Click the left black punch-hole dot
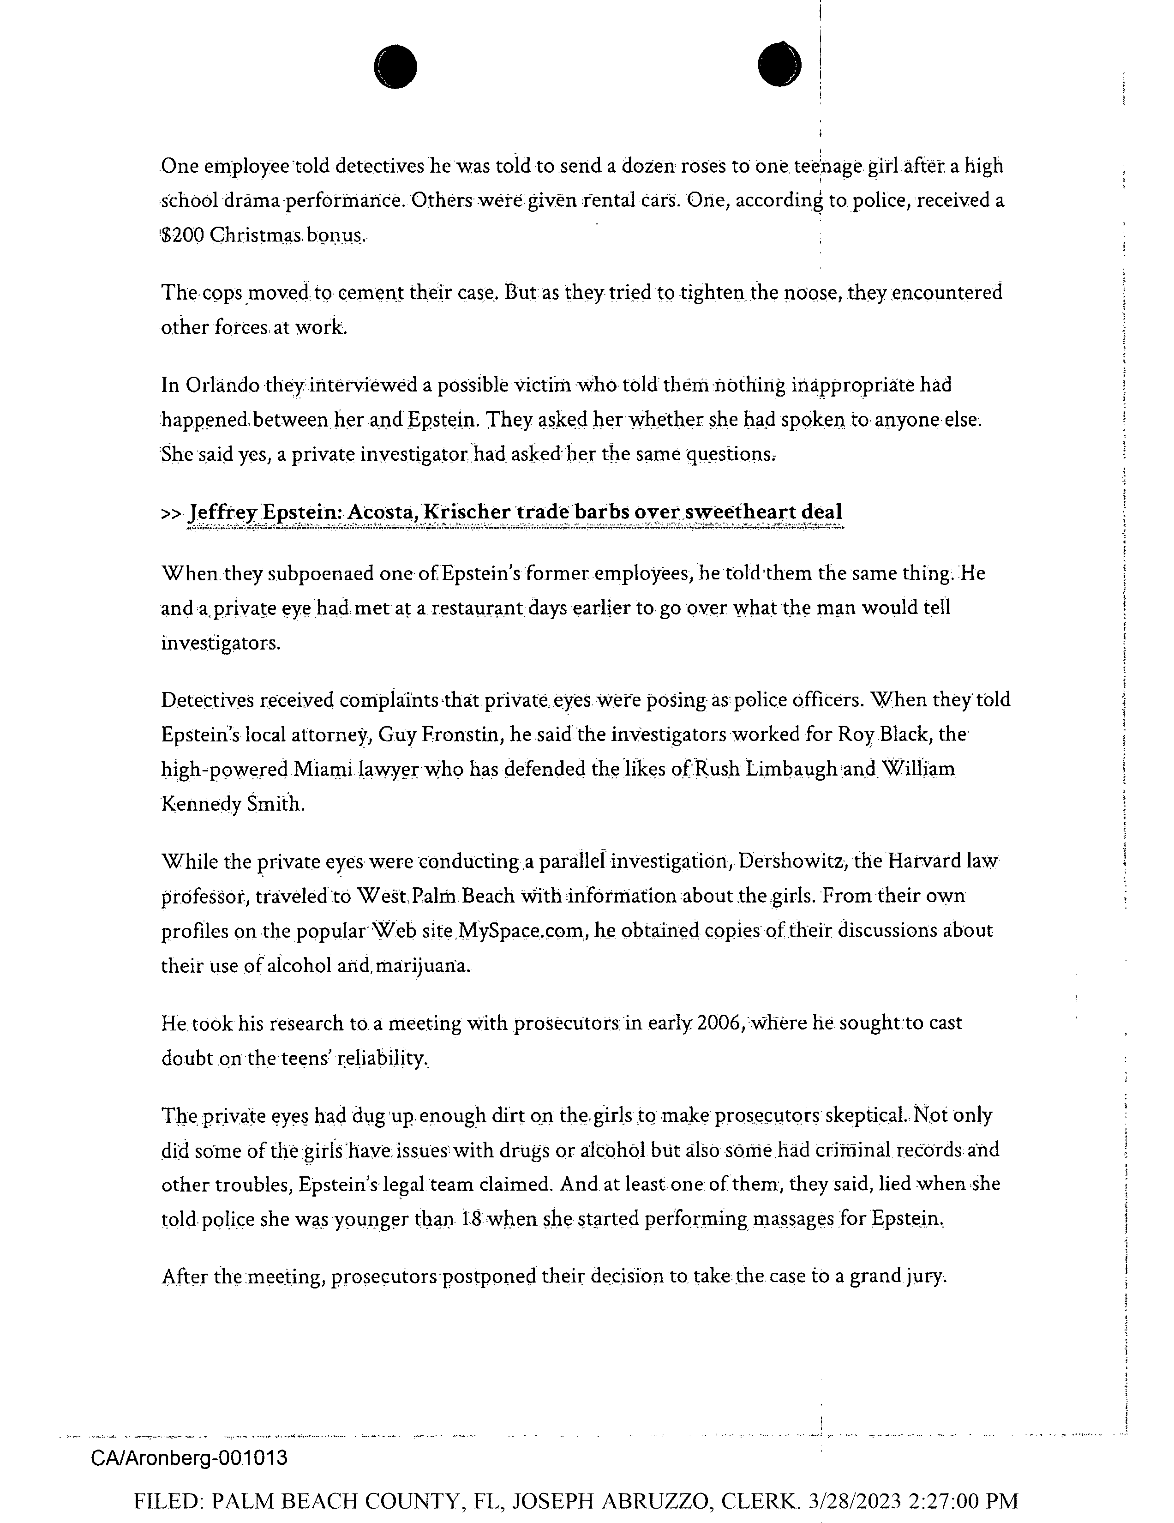coord(395,66)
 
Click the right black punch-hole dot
coord(779,65)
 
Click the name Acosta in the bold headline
coord(381,512)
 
